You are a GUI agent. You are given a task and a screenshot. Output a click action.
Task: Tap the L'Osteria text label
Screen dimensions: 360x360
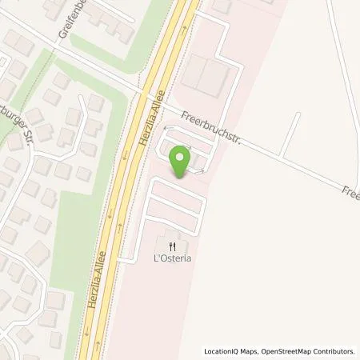click(x=171, y=259)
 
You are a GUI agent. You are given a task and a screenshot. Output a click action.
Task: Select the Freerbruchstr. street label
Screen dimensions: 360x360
click(x=211, y=130)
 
